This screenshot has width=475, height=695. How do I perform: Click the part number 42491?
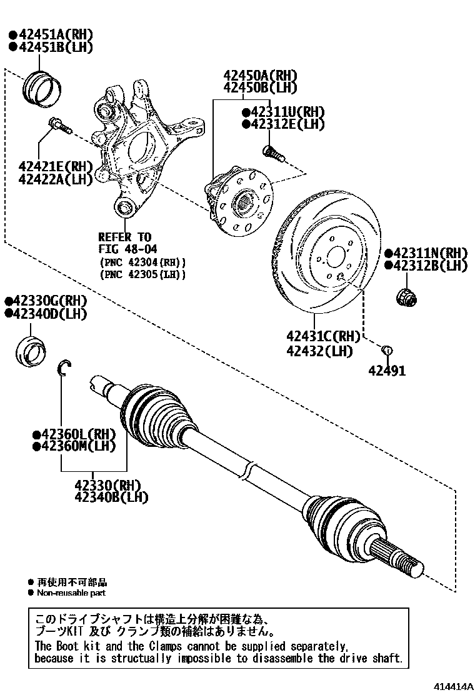386,371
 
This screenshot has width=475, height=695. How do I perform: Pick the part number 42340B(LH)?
111,497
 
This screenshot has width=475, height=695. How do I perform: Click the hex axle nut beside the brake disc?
406,296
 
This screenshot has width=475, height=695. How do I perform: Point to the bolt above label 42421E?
57,126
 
